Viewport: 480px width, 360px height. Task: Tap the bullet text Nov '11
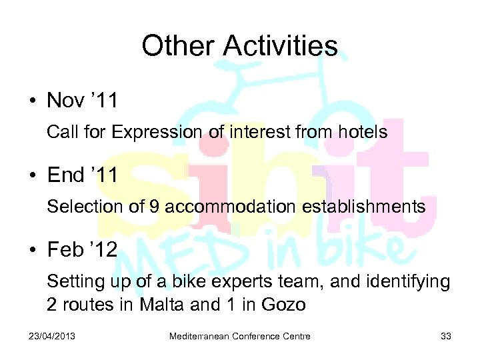[x=82, y=101]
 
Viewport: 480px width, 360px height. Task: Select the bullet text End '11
[x=83, y=176]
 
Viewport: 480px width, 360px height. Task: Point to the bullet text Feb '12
[x=82, y=251]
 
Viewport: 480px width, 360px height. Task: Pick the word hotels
[x=363, y=132]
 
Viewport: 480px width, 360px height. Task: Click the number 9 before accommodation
[x=155, y=207]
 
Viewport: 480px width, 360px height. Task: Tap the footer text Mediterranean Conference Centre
[x=239, y=336]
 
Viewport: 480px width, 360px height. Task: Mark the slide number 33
[x=446, y=336]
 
